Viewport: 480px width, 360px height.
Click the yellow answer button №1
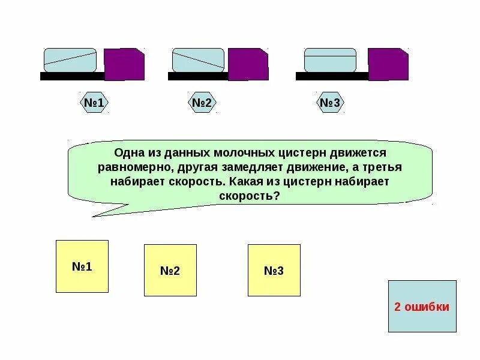(x=82, y=266)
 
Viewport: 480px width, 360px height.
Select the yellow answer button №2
(x=170, y=270)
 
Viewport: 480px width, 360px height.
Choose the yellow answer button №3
(x=274, y=270)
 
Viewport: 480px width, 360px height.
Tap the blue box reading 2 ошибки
(x=422, y=306)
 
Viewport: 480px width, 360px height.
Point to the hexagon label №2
(x=202, y=103)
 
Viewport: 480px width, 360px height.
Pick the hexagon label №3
(x=330, y=103)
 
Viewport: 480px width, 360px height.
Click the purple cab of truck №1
(x=124, y=64)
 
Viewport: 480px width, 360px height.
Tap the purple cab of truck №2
(x=248, y=64)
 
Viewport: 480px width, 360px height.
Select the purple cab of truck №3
(x=388, y=64)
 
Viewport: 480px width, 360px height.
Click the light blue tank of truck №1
(x=70, y=60)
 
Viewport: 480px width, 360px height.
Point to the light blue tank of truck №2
(x=198, y=60)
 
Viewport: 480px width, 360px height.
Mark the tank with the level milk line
(x=330, y=60)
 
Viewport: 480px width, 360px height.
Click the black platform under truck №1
(x=72, y=76)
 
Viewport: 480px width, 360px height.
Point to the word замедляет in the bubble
(x=257, y=167)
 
